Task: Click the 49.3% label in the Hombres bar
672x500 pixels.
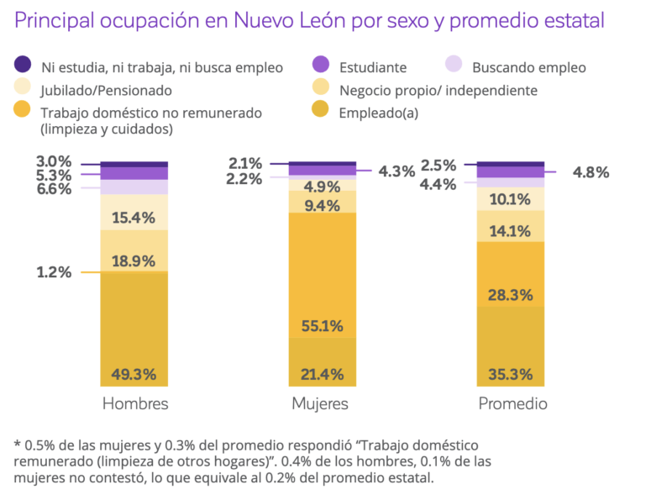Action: [x=134, y=374]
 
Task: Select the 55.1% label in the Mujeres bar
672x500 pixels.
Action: [x=322, y=325]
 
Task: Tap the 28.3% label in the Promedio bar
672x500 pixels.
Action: [x=510, y=295]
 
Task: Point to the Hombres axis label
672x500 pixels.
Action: [x=134, y=404]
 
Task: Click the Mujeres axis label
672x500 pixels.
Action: [x=320, y=404]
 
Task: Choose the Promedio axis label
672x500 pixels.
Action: [x=512, y=404]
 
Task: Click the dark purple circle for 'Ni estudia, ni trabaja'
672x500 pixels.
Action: [x=24, y=66]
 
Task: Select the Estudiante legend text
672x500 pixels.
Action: [x=373, y=67]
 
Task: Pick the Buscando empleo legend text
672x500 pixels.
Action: [x=528, y=67]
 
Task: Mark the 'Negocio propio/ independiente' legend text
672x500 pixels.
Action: [x=438, y=90]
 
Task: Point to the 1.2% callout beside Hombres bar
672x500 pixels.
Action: [x=53, y=272]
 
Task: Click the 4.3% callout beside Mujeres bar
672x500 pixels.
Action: [x=396, y=171]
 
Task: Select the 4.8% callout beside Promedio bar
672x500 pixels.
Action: [x=591, y=172]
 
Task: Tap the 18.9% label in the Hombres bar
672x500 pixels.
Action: [x=134, y=261]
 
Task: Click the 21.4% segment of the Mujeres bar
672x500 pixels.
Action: [x=322, y=361]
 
